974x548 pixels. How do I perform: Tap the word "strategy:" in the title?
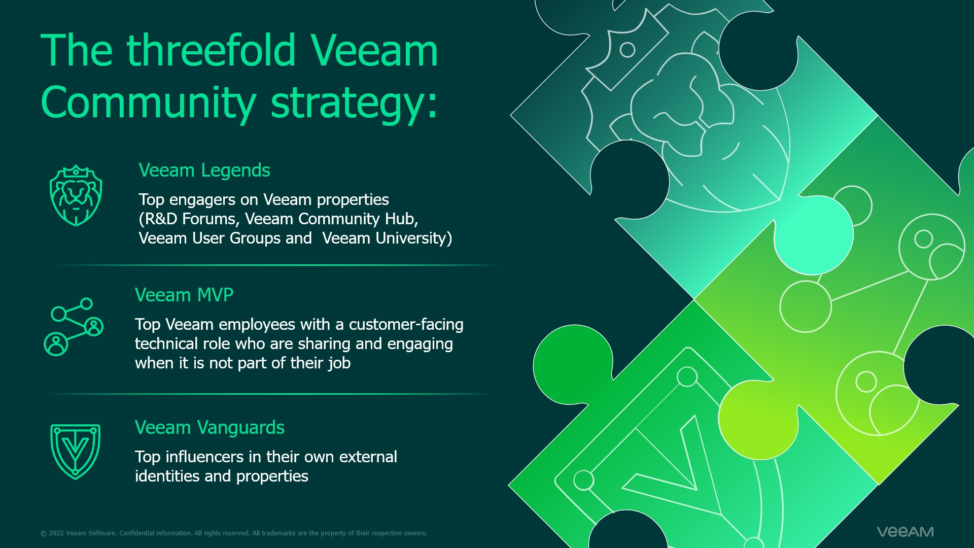click(354, 103)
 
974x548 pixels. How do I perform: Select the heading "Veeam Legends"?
click(204, 170)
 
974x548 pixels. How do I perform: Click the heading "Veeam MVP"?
click(184, 295)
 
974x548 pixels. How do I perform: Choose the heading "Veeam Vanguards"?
click(210, 427)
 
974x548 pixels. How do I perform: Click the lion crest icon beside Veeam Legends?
click(76, 195)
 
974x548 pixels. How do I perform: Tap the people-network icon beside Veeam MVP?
click(74, 326)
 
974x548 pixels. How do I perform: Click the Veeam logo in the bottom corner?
click(906, 532)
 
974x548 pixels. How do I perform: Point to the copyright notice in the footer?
click(234, 533)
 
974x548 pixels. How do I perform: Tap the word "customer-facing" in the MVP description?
click(406, 325)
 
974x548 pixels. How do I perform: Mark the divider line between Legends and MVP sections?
click(278, 265)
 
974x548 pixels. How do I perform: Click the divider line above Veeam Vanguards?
click(269, 394)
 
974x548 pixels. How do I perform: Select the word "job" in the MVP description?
click(339, 364)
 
